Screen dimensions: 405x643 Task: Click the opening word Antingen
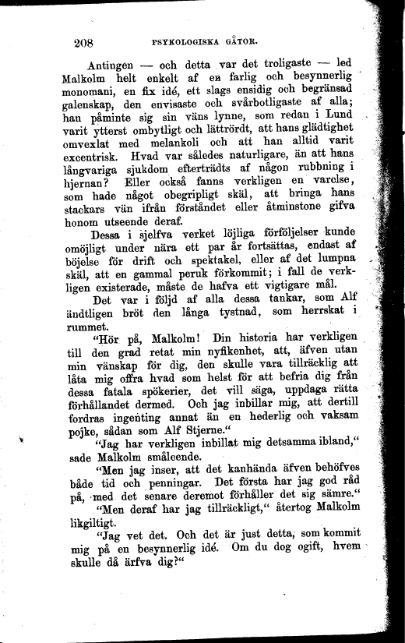[x=104, y=65]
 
